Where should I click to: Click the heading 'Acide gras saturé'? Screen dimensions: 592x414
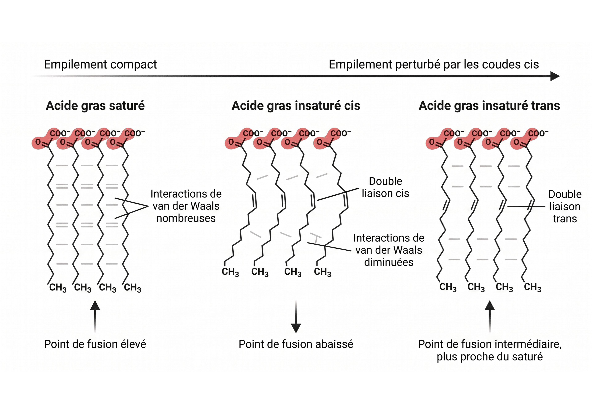click(95, 106)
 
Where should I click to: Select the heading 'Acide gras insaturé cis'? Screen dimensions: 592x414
click(296, 106)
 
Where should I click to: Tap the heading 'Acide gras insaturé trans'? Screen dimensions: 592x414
click(489, 106)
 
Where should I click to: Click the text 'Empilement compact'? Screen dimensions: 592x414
click(100, 64)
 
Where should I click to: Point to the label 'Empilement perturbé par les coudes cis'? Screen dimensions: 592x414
click(434, 64)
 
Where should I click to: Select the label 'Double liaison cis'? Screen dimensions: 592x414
click(385, 187)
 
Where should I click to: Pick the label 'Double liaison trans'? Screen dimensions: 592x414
click(565, 206)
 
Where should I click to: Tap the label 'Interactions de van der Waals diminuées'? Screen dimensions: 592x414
click(389, 250)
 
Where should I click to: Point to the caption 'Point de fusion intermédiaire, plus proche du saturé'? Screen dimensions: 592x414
click(490, 350)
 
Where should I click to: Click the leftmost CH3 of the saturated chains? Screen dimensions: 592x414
click(58, 288)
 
